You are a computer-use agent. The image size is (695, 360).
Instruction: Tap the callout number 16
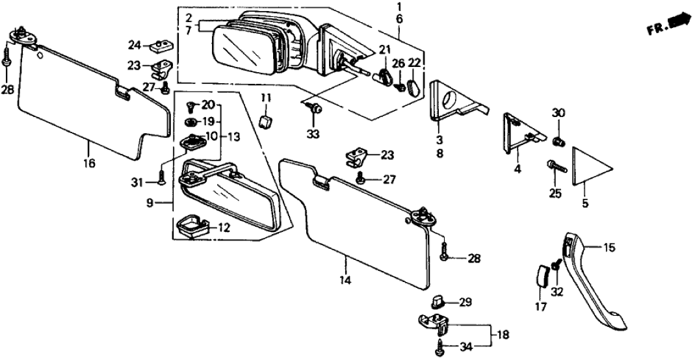tap(88, 163)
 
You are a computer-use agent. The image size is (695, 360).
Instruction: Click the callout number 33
tap(315, 136)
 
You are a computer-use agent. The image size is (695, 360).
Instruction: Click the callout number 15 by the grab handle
tap(609, 248)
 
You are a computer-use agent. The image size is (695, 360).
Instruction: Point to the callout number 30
tap(558, 113)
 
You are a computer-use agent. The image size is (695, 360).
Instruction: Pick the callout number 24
tap(134, 45)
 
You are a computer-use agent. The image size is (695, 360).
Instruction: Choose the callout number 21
tap(384, 49)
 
